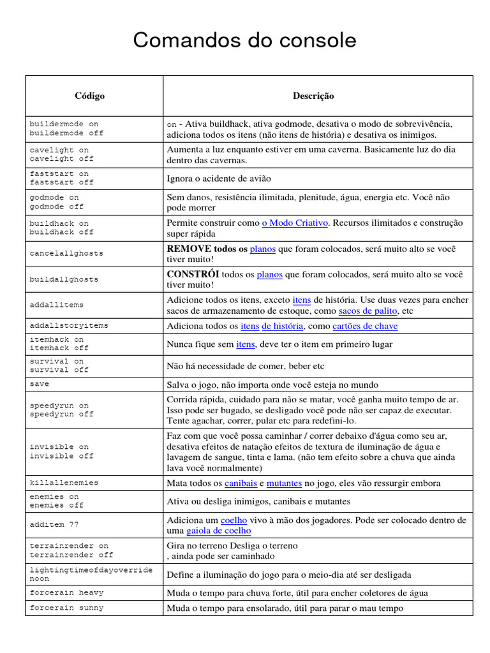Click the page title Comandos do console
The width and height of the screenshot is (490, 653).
244,41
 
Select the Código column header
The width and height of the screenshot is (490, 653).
89,96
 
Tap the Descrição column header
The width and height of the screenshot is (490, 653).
313,96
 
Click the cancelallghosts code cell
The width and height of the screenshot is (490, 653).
66,253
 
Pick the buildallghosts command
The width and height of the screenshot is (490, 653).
64,279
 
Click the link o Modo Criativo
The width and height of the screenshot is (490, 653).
295,223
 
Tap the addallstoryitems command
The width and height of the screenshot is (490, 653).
69,325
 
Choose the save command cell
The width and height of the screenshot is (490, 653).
39,384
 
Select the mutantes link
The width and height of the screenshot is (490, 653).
284,483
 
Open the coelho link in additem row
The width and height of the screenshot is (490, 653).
234,520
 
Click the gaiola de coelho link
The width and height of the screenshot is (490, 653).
218,531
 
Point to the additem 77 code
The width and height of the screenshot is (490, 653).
54,524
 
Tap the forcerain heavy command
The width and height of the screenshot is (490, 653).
66,592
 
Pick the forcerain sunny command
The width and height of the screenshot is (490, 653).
66,608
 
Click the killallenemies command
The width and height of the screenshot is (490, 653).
64,483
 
